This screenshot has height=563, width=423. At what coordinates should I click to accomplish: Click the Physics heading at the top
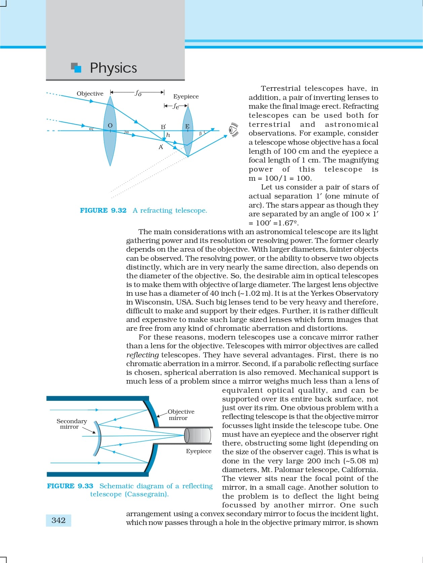coord(113,68)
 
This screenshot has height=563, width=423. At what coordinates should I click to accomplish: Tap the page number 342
coord(59,520)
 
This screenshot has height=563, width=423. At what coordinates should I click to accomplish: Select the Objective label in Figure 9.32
coord(90,94)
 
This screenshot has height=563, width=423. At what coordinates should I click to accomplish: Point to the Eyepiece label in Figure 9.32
coord(186,97)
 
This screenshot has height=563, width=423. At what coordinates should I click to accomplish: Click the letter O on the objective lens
coord(110,126)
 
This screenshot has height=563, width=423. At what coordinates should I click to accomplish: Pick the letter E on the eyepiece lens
coord(187,126)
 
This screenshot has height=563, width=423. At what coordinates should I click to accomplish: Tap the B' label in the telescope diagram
coord(163,127)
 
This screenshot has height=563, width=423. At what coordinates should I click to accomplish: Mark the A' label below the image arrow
coord(161,147)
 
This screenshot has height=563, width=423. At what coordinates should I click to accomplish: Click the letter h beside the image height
coord(168,135)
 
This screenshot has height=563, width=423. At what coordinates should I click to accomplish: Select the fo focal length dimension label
coord(138,93)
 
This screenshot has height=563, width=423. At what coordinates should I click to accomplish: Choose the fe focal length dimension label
coord(175,106)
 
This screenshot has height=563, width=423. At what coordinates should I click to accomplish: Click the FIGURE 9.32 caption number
coord(103,210)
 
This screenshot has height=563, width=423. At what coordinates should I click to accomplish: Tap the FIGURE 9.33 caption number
coord(70,486)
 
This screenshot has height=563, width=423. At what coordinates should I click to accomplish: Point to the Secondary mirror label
coord(71,424)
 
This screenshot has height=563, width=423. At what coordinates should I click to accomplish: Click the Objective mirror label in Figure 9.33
coord(181,415)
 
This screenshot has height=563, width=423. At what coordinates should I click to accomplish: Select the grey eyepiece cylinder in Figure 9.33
coord(198,435)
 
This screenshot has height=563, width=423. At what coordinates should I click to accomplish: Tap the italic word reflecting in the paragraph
coord(142,355)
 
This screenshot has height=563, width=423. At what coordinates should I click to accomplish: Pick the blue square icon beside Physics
coord(77,68)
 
